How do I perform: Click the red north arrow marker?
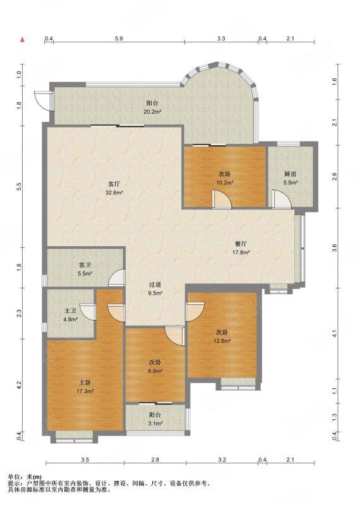(x=23, y=40)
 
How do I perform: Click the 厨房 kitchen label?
(x=290, y=174)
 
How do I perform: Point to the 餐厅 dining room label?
(x=241, y=244)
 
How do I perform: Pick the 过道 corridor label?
(x=155, y=285)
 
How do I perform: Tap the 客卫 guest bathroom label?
(x=85, y=265)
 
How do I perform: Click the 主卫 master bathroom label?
(x=70, y=311)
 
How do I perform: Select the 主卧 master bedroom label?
(x=85, y=383)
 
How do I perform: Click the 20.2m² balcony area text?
(x=152, y=112)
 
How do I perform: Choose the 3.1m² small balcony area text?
(x=155, y=424)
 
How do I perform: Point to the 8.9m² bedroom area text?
(x=155, y=371)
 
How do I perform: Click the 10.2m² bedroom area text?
(x=225, y=182)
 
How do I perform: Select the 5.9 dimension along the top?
(x=119, y=39)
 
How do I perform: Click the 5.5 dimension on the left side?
(x=19, y=186)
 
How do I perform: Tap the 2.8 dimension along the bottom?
(x=155, y=460)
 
